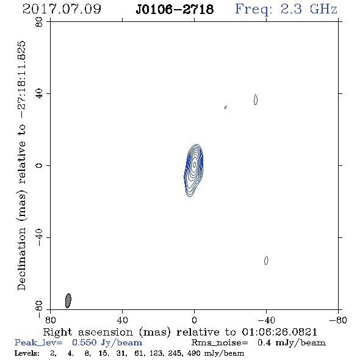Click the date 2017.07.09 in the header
(62, 9)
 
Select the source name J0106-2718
(175, 9)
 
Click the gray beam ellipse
(68, 301)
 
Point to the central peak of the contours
(194, 164)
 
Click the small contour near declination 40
(256, 99)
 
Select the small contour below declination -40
(266, 261)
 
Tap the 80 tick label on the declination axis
(39, 22)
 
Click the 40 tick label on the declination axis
(39, 94)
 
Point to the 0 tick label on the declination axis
(39, 165)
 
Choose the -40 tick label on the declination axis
(39, 237)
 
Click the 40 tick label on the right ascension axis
(122, 320)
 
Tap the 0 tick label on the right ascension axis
(194, 320)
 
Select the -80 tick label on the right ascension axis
(337, 320)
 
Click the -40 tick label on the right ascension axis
(266, 320)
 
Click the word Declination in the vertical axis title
(21, 259)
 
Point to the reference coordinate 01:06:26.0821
(279, 332)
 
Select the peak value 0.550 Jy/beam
(107, 343)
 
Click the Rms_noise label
(220, 343)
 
